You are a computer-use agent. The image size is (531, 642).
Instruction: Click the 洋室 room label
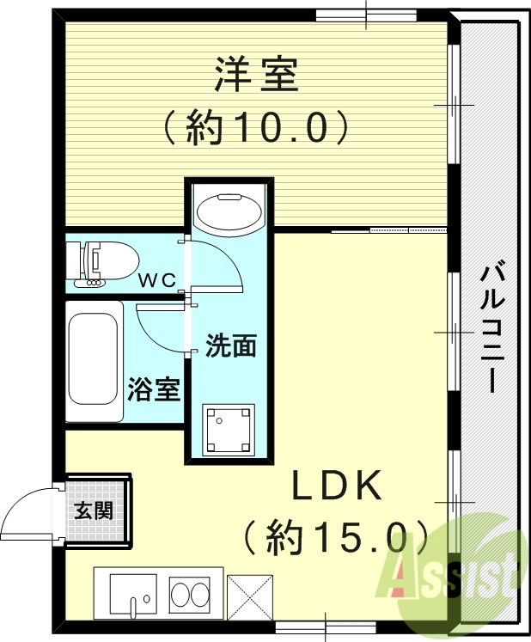(257, 76)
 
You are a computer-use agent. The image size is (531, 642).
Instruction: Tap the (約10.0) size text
(257, 129)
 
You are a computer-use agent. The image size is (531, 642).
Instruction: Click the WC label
(158, 279)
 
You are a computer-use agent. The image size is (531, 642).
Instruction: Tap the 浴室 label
(155, 389)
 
